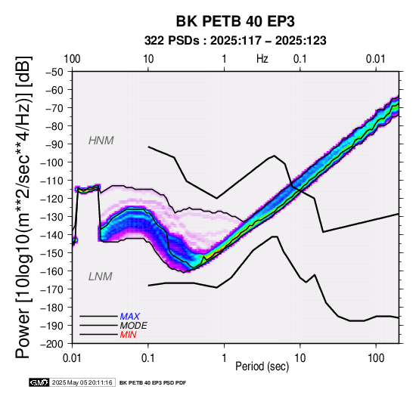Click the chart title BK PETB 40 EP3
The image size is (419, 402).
click(x=235, y=21)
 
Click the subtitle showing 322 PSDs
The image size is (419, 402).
click(x=235, y=41)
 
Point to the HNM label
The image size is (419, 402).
click(x=101, y=141)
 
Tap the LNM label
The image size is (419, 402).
click(x=100, y=277)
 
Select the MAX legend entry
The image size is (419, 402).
click(x=129, y=317)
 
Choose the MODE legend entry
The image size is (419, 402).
click(x=133, y=326)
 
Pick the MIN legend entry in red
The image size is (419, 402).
click(x=128, y=335)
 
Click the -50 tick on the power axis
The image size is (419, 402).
click(x=54, y=72)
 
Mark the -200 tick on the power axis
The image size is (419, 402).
click(x=52, y=344)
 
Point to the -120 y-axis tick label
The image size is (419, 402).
click(x=52, y=199)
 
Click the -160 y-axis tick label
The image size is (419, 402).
click(x=52, y=271)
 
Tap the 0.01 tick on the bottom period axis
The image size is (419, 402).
click(x=72, y=358)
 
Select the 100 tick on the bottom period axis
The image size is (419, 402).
click(x=376, y=358)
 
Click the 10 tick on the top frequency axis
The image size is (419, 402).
click(x=148, y=59)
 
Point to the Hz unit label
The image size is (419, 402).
click(x=262, y=59)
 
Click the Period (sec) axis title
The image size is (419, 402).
click(x=262, y=366)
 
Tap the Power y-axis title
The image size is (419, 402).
click(x=23, y=207)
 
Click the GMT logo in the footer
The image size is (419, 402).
click(x=39, y=382)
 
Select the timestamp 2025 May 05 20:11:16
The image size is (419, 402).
click(x=82, y=382)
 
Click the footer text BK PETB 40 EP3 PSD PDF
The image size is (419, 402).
click(x=153, y=383)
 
